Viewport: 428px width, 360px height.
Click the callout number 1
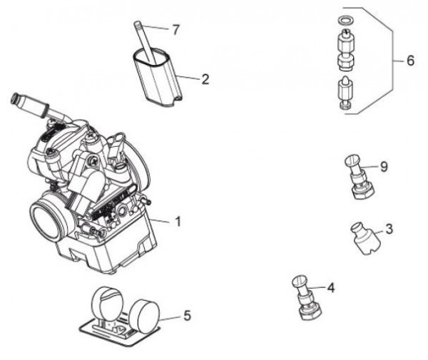[x=178, y=222]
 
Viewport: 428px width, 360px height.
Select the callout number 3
[x=389, y=230]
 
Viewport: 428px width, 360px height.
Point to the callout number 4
[x=330, y=289]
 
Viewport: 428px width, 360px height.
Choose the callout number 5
[x=186, y=315]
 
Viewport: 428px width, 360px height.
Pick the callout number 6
[x=409, y=61]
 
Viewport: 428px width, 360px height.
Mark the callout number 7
[x=176, y=29]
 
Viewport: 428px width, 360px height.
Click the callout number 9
[x=383, y=167]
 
